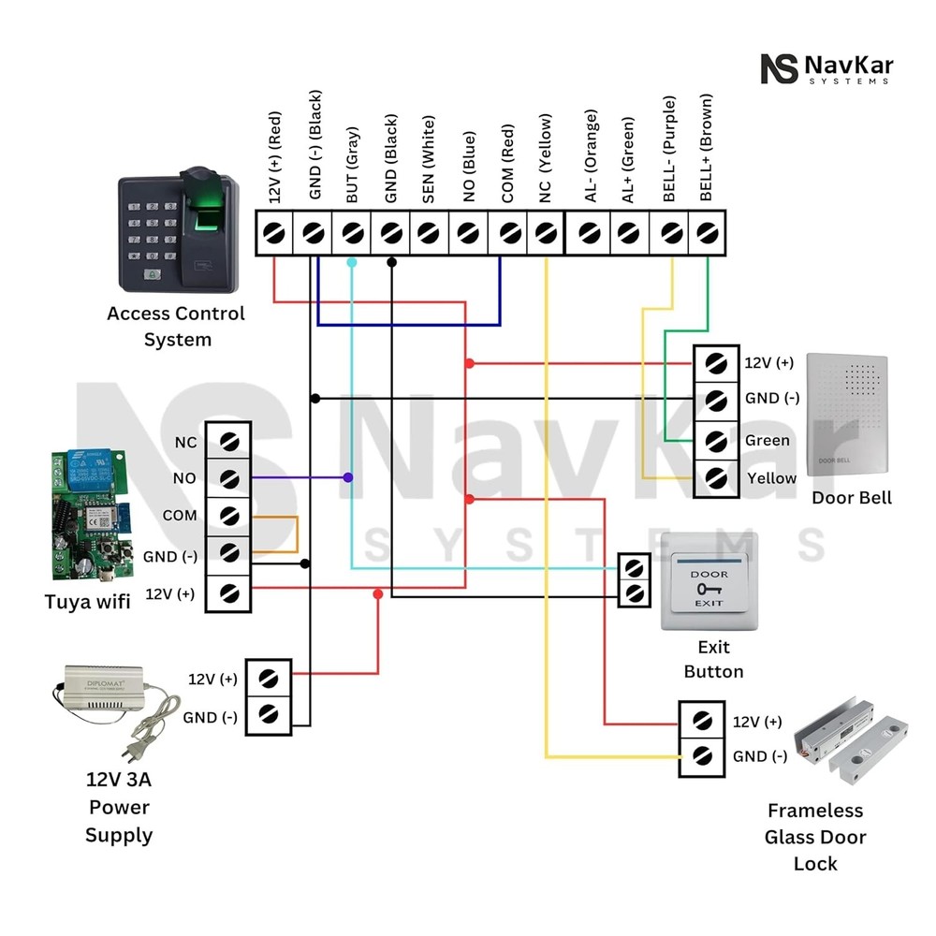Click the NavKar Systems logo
coord(826,69)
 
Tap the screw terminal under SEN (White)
coord(430,231)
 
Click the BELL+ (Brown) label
coord(707,148)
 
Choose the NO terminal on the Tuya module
coord(229,478)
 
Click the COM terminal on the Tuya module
coord(229,516)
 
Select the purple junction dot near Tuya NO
coord(348,478)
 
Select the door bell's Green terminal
coord(716,440)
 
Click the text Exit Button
coord(713,659)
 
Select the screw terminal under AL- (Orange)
coord(589,231)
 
